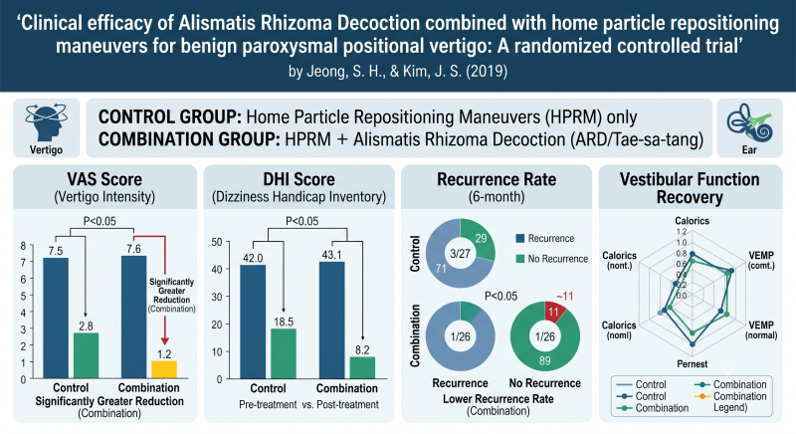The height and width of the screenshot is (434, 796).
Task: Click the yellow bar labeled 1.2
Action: point(164,369)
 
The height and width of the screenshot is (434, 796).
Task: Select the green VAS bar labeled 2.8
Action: point(86,355)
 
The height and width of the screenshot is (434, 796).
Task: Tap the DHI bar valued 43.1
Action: point(332,321)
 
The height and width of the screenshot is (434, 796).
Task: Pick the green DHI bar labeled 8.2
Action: point(362,368)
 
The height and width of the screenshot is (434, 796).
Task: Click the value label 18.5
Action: point(284,322)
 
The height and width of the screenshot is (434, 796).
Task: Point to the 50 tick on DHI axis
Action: point(217,242)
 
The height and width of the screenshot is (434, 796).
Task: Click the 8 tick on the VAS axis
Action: point(23,246)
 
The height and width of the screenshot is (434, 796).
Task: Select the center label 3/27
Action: point(460,253)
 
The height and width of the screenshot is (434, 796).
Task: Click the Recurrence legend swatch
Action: point(519,239)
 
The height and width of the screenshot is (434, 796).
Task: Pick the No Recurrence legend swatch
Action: point(519,259)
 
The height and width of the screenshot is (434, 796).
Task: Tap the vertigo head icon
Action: point(46,123)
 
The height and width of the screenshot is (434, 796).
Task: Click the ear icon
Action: point(749,122)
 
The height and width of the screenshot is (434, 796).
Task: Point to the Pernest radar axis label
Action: point(692,364)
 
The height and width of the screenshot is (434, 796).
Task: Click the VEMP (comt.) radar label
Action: point(761,260)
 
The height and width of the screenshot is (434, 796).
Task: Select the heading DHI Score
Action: point(299,179)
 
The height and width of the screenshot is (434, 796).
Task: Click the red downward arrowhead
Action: point(164,340)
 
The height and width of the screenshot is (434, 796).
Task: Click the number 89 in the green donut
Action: point(544,361)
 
